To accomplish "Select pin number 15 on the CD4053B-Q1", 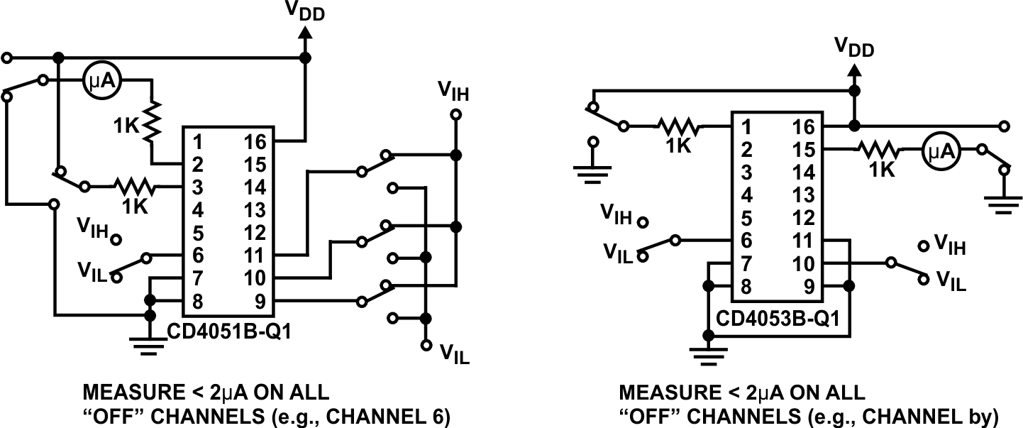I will tap(804, 149).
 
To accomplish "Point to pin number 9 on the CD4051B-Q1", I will tap(259, 301).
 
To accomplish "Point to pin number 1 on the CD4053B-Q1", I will tap(746, 127).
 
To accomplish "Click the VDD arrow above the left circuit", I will tap(305, 34).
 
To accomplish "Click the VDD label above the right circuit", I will tap(853, 48).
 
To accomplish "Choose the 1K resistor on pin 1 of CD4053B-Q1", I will tap(678, 128).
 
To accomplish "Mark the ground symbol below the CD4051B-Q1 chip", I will tap(150, 344).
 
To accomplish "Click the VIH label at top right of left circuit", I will tap(454, 90).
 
